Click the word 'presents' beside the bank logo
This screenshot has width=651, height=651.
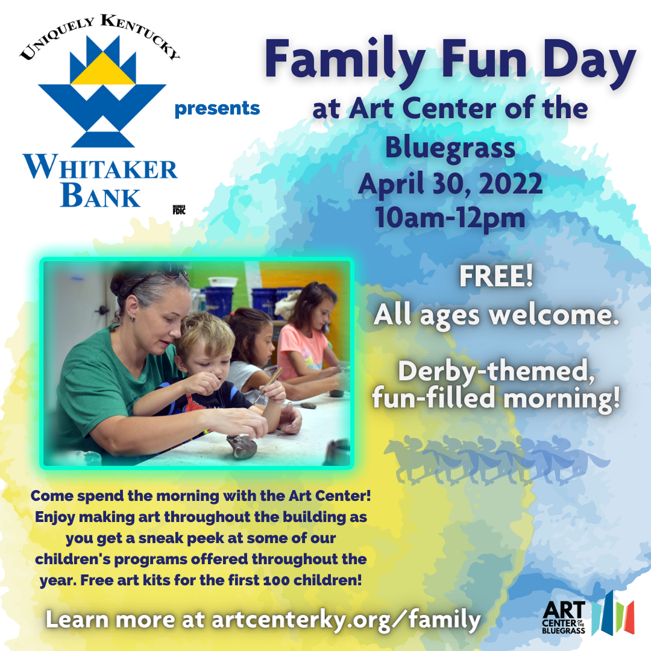(217, 108)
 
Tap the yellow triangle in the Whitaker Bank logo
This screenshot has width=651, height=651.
(102, 71)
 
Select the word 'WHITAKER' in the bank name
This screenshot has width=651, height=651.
(100, 167)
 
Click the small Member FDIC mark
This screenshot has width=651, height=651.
(179, 210)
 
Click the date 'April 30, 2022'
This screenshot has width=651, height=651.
(450, 183)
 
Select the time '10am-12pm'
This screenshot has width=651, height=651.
(450, 218)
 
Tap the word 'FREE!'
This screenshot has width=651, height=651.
(495, 276)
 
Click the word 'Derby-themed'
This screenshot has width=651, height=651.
(495, 371)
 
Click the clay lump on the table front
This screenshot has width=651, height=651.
(242, 445)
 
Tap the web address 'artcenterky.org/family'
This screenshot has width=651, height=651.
(346, 620)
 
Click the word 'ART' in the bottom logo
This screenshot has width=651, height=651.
(564, 610)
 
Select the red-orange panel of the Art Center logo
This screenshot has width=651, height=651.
(629, 617)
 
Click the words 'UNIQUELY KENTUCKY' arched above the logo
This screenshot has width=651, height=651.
(100, 33)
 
